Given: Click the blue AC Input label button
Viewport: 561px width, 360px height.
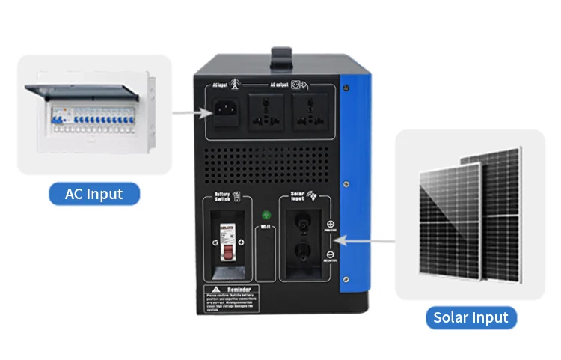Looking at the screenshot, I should (x=95, y=194).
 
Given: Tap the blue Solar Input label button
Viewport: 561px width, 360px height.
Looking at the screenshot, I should (x=470, y=317).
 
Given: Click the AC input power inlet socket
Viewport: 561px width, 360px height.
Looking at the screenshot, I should (x=227, y=114).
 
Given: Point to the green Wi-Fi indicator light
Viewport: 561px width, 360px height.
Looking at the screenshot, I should (x=265, y=216).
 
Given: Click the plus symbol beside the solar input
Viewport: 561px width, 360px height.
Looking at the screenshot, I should (x=330, y=223).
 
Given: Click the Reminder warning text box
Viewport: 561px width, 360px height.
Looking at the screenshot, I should (x=231, y=299).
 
